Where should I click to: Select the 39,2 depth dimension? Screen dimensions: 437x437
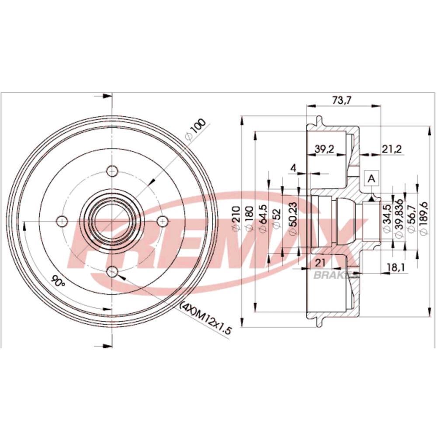324,149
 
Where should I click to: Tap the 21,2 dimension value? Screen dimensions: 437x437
392,149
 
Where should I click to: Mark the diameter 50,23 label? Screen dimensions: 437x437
294,218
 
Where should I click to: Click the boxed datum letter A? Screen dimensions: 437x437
371,178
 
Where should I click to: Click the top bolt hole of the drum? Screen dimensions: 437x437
112,171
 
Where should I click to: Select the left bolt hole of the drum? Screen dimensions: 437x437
62,221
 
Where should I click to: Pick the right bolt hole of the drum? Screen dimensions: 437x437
163,221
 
